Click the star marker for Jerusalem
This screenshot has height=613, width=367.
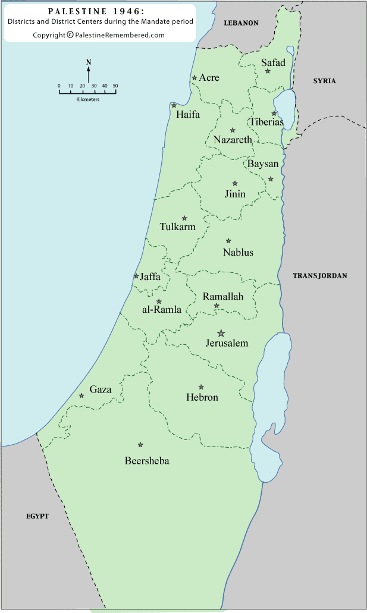[x=221, y=333]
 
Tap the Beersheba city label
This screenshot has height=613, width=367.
[x=147, y=461]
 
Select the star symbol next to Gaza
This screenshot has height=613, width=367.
[x=81, y=396]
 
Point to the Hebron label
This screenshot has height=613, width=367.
[x=202, y=397]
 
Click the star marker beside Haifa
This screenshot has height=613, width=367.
[x=174, y=106]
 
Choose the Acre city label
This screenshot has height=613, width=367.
[x=209, y=78]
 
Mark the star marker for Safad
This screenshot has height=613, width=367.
[x=268, y=71]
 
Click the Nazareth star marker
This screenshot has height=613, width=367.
[x=233, y=130]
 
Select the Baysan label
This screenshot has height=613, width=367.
[x=263, y=164]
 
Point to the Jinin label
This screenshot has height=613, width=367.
[x=235, y=194]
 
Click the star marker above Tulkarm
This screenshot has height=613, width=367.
[x=184, y=218]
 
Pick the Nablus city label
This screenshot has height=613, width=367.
[x=238, y=253]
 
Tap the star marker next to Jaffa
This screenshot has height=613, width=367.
[x=136, y=276]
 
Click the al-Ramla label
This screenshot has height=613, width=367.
[x=161, y=310]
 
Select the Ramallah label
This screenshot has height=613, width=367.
[x=223, y=297]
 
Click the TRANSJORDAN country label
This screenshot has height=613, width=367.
[x=320, y=276]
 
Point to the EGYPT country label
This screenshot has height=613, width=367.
[x=37, y=516]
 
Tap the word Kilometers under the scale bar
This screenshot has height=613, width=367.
[x=88, y=99]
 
